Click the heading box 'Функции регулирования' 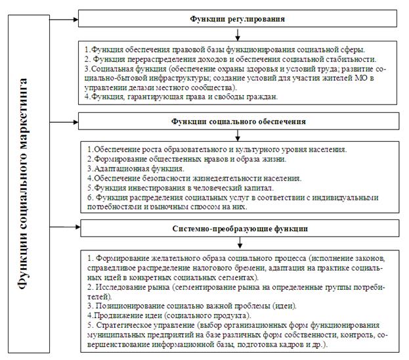point(238,19)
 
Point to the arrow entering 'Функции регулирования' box point(64,19)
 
